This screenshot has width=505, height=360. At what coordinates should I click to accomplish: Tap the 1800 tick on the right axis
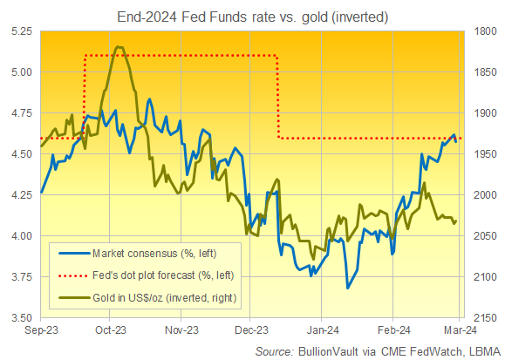(x=484, y=31)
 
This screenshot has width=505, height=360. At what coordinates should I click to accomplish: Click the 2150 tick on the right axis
(x=484, y=318)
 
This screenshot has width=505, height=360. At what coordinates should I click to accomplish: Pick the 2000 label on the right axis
(x=484, y=195)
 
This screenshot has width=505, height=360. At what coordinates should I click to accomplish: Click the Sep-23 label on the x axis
(x=41, y=332)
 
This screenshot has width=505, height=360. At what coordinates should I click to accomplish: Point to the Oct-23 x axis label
(x=110, y=332)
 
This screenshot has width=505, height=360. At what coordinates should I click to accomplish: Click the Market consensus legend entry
(x=151, y=254)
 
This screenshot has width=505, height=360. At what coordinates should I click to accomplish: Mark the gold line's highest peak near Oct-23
(x=118, y=47)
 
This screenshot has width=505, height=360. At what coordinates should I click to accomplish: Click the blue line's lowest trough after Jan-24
(x=347, y=288)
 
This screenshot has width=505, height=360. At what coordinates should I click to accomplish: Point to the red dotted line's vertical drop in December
(x=277, y=96)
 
